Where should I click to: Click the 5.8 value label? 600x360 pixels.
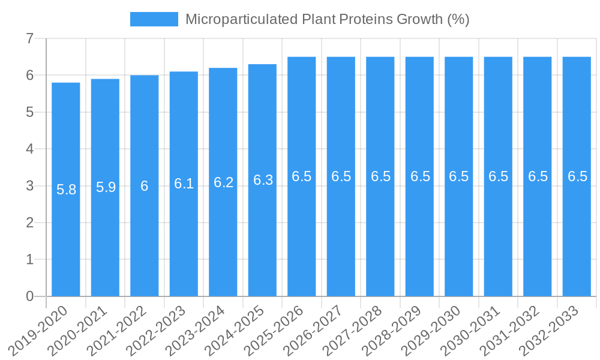tap(66, 190)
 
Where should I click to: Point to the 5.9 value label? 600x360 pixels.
tap(106, 187)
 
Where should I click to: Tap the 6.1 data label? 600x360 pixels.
tap(184, 184)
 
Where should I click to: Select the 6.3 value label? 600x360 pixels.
tap(263, 180)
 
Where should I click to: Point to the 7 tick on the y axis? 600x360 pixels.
tap(29, 39)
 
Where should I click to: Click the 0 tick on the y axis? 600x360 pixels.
tap(29, 296)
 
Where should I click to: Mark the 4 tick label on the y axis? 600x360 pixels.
tap(29, 149)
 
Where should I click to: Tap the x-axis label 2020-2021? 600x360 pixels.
tap(79, 330)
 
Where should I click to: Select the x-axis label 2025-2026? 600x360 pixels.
tap(275, 330)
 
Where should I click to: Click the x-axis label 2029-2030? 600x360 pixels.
tap(432, 330)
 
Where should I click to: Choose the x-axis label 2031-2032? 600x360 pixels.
tap(511, 330)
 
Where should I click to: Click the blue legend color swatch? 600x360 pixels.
tap(154, 19)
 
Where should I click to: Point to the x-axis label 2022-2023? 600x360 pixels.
tap(157, 330)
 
